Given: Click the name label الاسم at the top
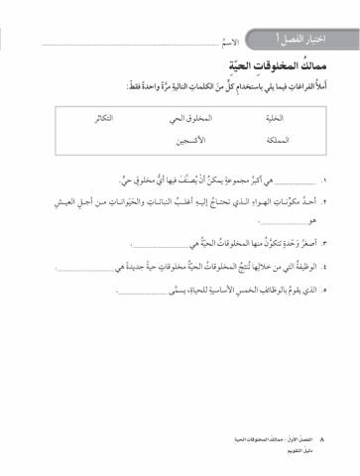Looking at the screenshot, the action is click(x=228, y=45).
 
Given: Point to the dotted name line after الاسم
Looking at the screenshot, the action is click(x=129, y=47).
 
